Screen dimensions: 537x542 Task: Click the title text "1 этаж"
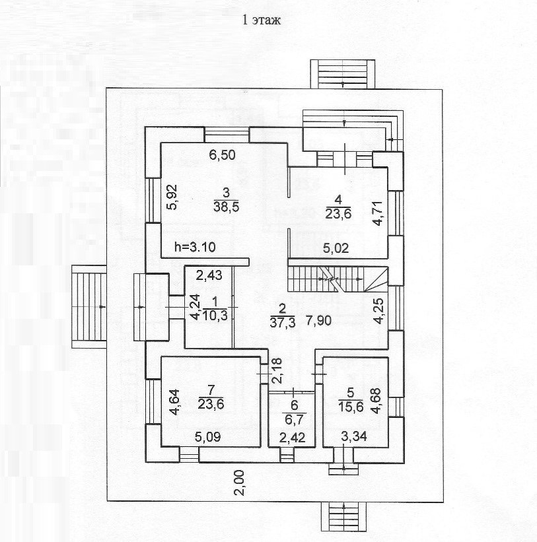263,20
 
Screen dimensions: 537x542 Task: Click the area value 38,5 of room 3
225,206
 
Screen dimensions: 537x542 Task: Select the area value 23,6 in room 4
338,213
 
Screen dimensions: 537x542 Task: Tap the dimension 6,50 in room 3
223,156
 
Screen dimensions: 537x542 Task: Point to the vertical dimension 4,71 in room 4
377,215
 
